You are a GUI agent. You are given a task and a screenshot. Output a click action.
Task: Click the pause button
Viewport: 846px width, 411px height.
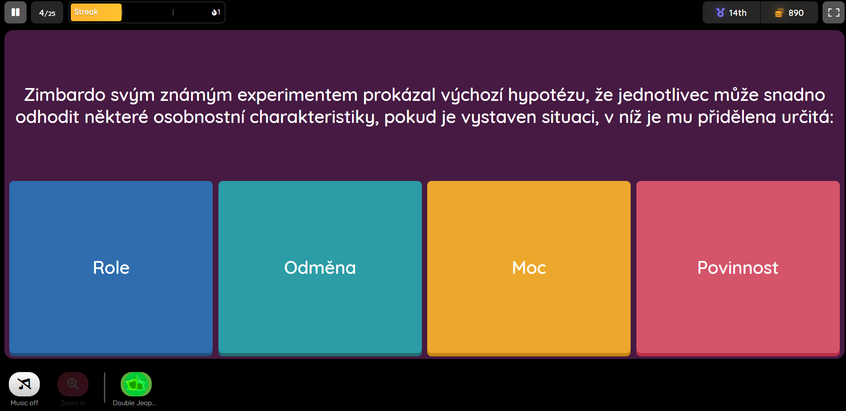(15, 12)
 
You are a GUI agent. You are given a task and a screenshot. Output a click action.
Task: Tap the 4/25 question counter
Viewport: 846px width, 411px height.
(47, 12)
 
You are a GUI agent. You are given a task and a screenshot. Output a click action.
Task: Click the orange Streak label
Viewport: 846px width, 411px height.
(96, 12)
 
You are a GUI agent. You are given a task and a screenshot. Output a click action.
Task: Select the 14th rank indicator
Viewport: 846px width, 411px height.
(731, 13)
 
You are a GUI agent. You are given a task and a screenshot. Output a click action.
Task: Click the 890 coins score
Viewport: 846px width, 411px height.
(789, 13)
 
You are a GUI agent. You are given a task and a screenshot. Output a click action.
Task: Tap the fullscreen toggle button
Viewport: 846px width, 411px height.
(834, 12)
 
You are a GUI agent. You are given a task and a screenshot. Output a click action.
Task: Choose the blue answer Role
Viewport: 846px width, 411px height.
(111, 268)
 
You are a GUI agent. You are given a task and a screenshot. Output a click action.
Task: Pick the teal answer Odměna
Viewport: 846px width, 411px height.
(320, 268)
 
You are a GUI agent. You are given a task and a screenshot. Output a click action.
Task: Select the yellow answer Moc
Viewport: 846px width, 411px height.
(529, 268)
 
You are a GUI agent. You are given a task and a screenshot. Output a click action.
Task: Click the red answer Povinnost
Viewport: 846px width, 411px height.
(738, 268)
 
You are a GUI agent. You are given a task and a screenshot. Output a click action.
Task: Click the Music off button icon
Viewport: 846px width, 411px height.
(24, 384)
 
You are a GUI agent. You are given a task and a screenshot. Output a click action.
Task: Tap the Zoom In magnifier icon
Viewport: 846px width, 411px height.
(73, 384)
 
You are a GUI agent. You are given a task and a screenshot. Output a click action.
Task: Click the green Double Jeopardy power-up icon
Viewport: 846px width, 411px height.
(136, 384)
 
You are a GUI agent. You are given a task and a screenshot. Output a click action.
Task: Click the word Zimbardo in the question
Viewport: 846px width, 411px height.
(65, 95)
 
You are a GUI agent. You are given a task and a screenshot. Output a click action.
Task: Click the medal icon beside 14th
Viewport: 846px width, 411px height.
(720, 13)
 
